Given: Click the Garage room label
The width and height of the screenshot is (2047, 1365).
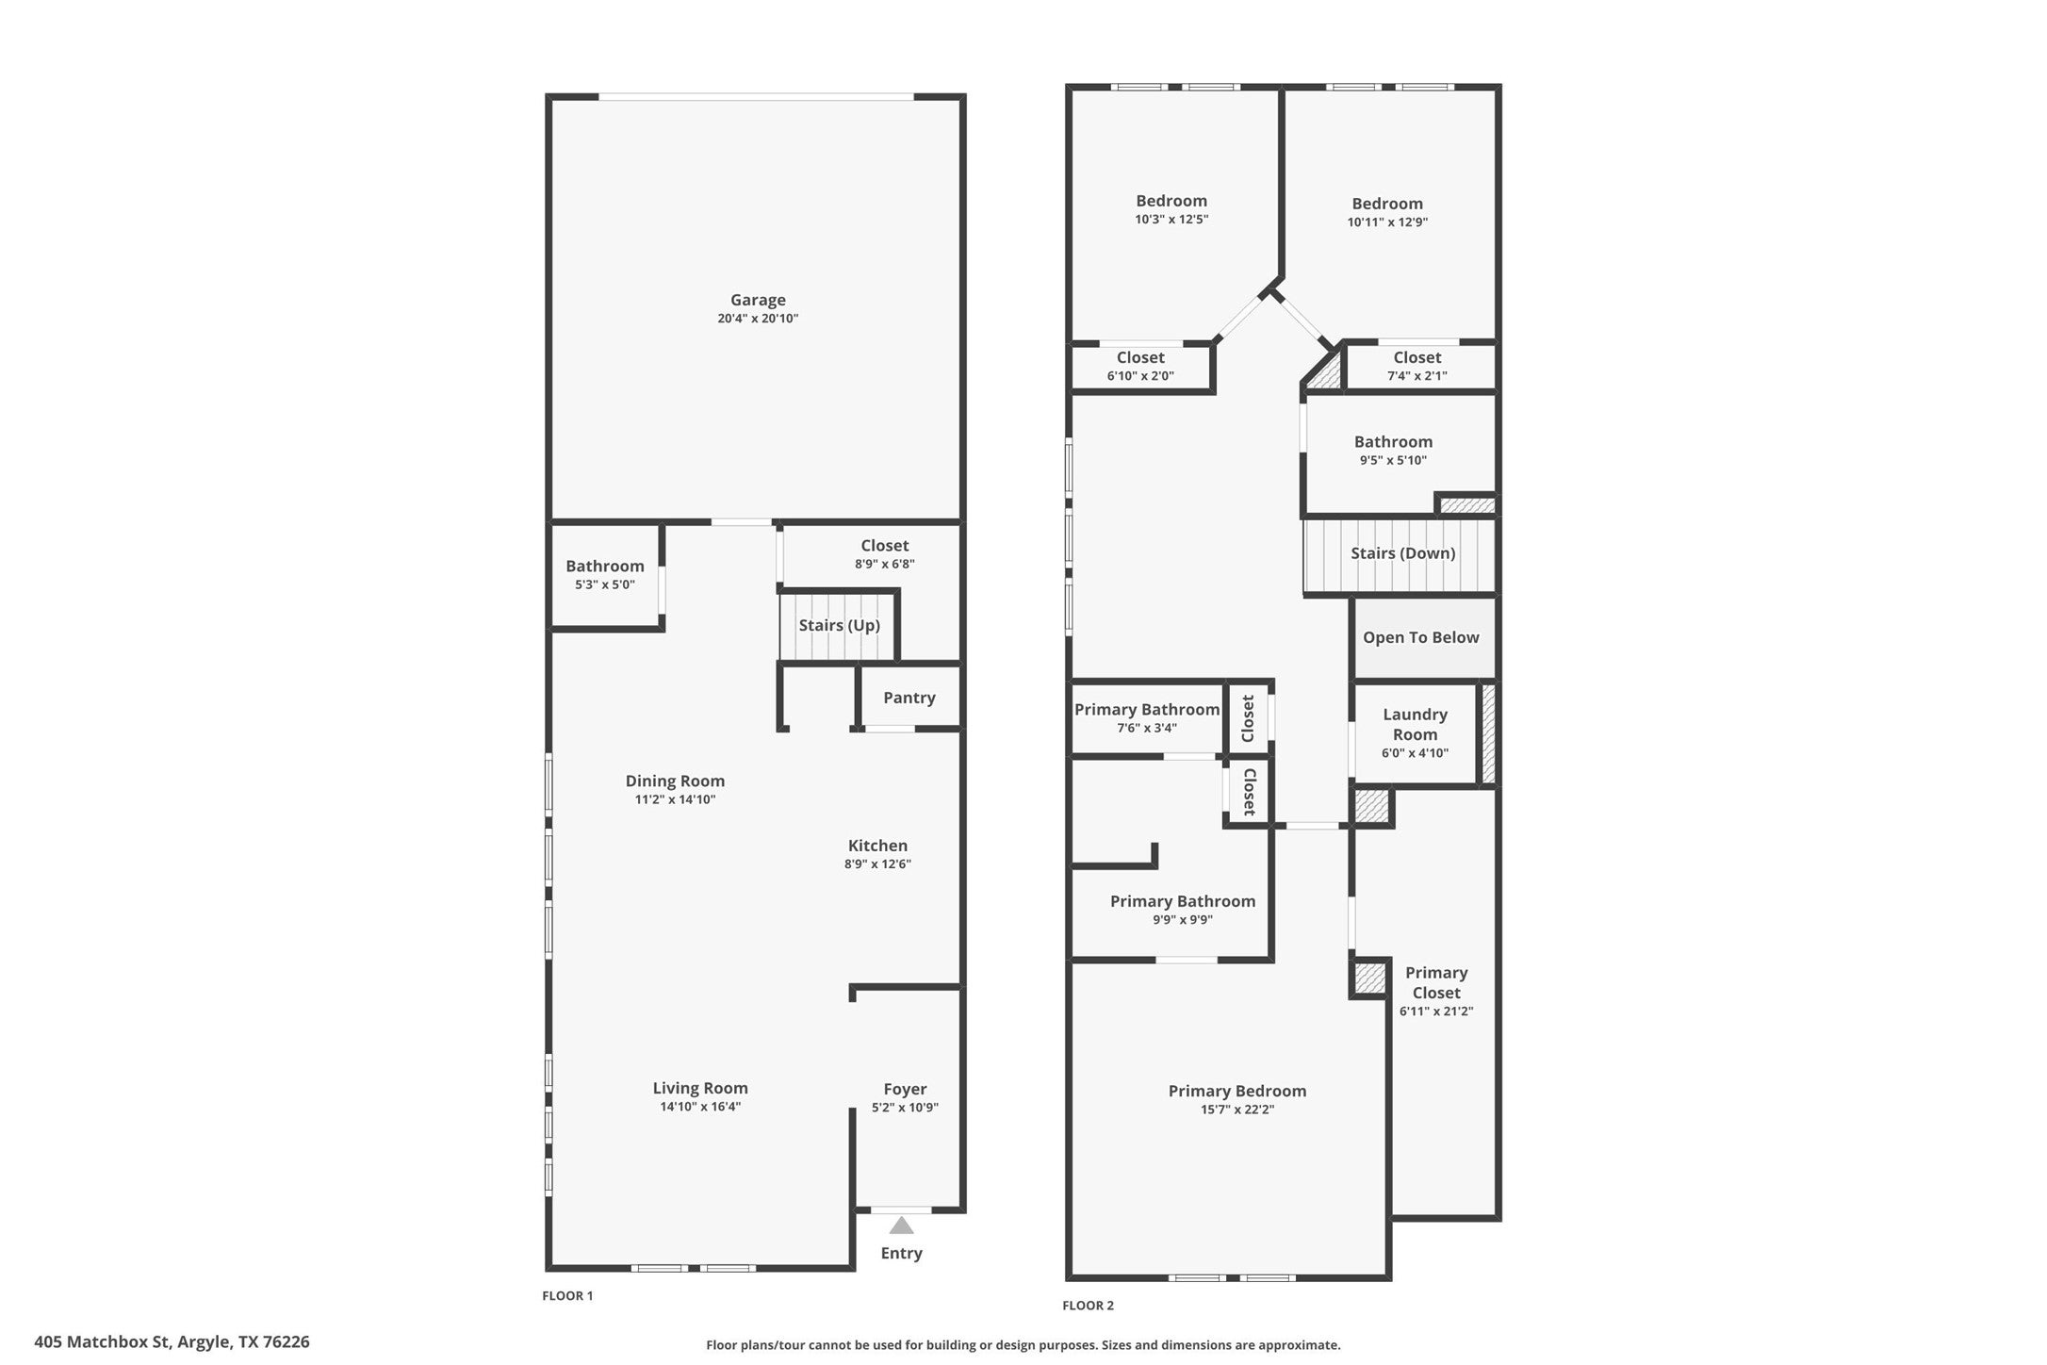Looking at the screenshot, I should (x=757, y=301).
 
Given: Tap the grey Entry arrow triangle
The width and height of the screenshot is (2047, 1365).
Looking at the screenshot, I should (x=901, y=1225).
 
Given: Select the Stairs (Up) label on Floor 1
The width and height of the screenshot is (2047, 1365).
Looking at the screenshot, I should (x=839, y=626).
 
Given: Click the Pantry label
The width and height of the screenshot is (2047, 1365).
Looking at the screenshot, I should (x=909, y=698).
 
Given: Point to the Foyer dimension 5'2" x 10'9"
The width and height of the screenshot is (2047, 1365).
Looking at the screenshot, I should (x=905, y=1108).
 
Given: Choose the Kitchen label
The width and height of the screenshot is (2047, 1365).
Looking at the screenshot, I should (x=877, y=846).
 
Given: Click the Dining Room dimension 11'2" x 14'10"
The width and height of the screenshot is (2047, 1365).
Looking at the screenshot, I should (x=675, y=799).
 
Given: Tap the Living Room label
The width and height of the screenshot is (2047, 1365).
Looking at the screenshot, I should (x=699, y=1088).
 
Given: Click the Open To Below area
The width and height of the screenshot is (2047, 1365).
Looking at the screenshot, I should (x=1420, y=638).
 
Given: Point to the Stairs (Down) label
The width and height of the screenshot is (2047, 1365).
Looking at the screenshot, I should (x=1402, y=553).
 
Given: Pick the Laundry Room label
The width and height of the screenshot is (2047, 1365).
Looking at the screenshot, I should (x=1415, y=724).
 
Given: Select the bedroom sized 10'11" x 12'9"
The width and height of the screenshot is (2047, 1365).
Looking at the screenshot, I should (x=1387, y=212).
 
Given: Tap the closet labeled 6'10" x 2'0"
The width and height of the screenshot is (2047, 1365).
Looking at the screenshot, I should (x=1140, y=366).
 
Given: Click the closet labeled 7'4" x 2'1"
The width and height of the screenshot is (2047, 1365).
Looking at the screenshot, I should (x=1417, y=366).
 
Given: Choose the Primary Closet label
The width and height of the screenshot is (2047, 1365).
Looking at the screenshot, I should (x=1435, y=982).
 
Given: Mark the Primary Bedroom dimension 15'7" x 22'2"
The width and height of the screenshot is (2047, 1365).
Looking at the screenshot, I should (x=1236, y=1110).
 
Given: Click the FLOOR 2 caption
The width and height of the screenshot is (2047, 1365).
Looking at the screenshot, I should (x=1088, y=1306).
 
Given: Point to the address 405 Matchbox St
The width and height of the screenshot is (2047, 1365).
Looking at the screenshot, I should (x=172, y=1341).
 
